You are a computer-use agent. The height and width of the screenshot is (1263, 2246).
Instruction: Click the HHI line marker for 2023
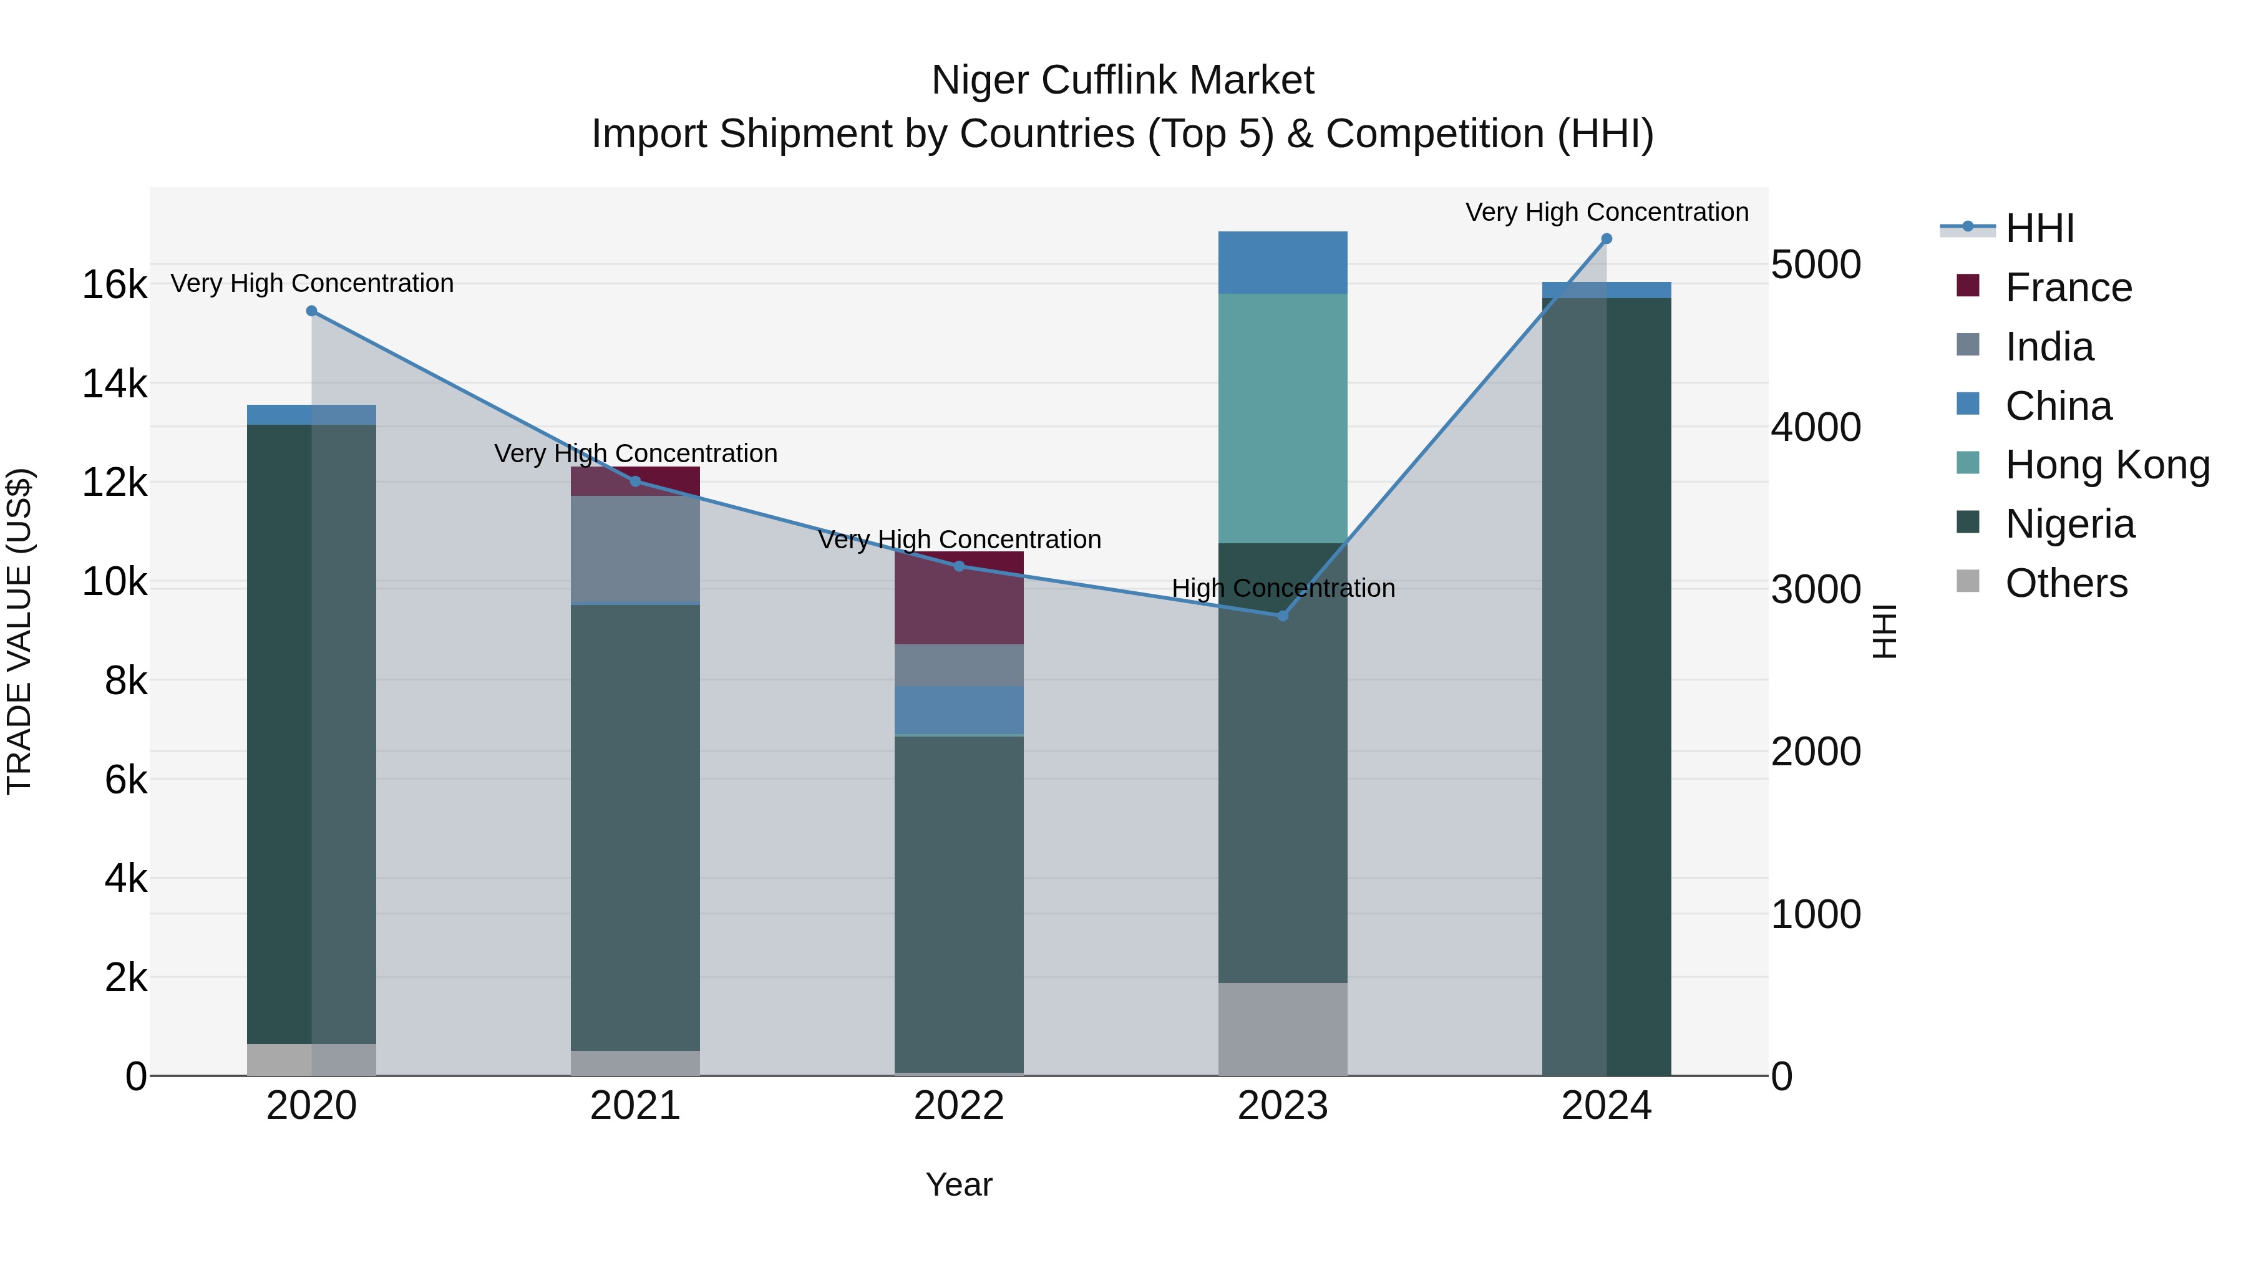coord(1283,616)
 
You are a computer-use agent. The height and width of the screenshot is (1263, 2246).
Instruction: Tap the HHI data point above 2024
coord(1607,239)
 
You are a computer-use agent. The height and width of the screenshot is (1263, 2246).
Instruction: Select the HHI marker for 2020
coord(311,311)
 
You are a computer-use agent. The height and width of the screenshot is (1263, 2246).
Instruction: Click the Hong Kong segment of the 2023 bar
coord(1283,419)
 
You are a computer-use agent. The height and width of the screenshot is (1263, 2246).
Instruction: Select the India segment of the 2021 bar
coord(634,549)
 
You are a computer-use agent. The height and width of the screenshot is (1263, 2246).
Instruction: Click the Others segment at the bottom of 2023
coord(1283,1028)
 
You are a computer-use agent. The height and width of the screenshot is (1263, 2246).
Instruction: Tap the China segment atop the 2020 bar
coord(311,415)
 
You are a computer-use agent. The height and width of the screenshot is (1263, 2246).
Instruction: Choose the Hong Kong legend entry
coord(2107,465)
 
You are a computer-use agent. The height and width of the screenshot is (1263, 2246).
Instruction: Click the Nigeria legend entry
coord(2070,524)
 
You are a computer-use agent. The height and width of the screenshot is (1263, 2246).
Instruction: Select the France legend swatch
coord(1968,286)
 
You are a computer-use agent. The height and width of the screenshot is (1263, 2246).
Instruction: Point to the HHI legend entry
coord(2039,228)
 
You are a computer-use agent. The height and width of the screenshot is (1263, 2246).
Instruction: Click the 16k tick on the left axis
coord(114,285)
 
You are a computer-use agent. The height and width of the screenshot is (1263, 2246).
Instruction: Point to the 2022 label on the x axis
coord(959,1106)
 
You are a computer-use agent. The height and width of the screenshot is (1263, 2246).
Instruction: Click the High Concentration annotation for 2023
coord(1283,588)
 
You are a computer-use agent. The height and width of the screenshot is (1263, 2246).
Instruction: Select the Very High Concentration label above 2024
coord(1607,212)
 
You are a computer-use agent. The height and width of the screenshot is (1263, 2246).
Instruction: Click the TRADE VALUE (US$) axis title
coord(19,631)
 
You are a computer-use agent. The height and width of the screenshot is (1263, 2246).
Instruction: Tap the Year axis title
coord(959,1184)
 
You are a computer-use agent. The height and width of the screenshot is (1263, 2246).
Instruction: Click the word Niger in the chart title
coord(979,80)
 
